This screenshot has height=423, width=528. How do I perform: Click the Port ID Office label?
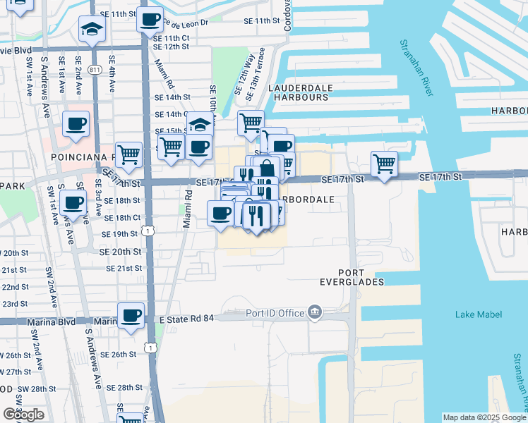tap(275, 313)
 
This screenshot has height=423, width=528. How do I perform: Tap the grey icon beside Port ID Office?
tap(316, 312)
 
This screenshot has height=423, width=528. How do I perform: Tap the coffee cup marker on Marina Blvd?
tap(130, 316)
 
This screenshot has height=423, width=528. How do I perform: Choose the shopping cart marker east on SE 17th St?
tap(384, 164)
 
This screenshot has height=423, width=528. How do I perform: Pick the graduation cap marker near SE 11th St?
tap(90, 29)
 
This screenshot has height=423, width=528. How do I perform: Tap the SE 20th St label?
tap(120, 252)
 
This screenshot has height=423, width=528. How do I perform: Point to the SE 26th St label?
tap(118, 355)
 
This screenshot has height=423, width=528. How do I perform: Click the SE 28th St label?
tap(124, 388)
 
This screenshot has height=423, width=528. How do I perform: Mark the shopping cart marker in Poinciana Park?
tap(128, 153)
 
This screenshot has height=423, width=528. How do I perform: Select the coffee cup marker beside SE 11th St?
tap(150, 20)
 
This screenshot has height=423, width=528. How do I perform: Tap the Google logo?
tap(23, 415)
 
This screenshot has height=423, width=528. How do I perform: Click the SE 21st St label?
tap(124, 269)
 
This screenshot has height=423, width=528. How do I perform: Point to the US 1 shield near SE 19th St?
tap(147, 231)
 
